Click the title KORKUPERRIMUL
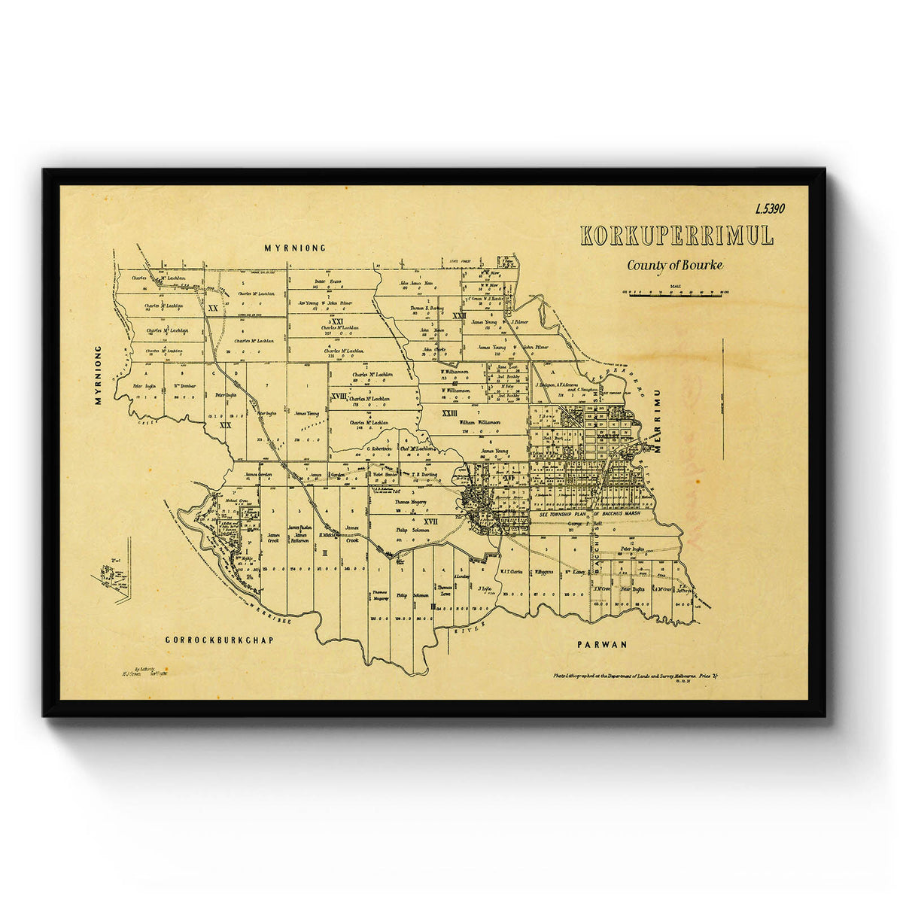tap(676, 236)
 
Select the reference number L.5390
tap(769, 209)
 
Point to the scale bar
tap(675, 294)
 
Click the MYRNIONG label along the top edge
tap(295, 248)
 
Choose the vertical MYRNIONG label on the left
tap(98, 375)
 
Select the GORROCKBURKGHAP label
tap(218, 640)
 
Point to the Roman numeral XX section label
tap(213, 309)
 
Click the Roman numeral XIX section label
tap(225, 425)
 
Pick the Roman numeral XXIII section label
tap(449, 413)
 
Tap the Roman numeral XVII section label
tap(430, 521)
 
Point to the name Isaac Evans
tap(330, 281)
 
